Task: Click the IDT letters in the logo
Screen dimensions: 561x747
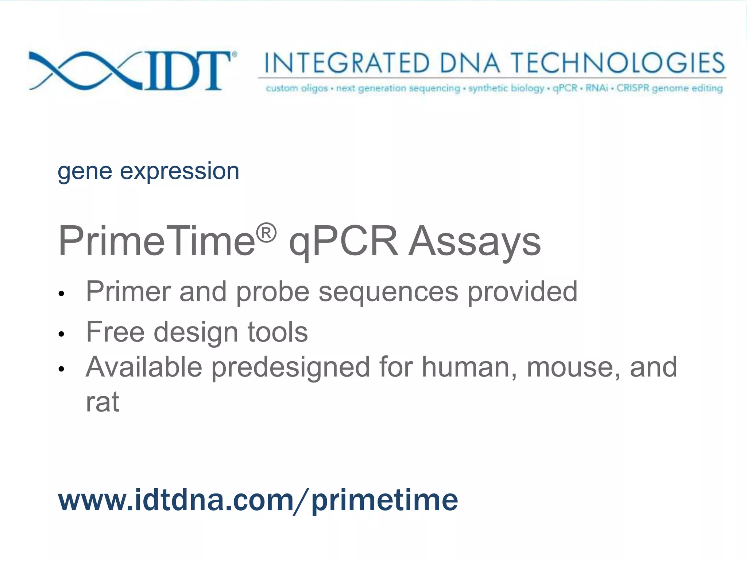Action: [x=188, y=70]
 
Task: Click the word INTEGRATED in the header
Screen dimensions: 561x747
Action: [x=347, y=63]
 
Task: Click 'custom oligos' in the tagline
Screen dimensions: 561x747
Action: [x=297, y=88]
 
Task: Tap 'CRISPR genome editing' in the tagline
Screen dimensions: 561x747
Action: [x=669, y=88]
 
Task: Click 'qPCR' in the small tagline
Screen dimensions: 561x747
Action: [x=565, y=88]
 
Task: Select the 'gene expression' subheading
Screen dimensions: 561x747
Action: [x=148, y=172]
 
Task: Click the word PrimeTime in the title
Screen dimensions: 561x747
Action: [x=156, y=241]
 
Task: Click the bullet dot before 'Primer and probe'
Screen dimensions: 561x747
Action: [x=61, y=294]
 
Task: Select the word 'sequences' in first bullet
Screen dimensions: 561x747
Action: [x=388, y=292]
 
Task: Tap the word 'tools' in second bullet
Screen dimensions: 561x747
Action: [x=278, y=332]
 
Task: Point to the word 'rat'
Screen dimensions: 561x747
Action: [x=102, y=402]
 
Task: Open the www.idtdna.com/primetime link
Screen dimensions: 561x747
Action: [x=258, y=500]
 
